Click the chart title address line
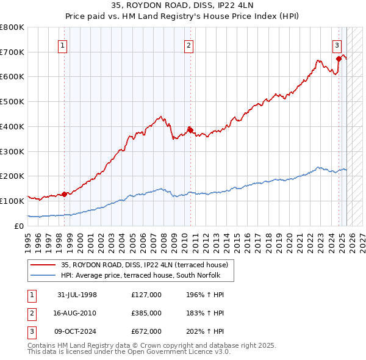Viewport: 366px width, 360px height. pos(183,7)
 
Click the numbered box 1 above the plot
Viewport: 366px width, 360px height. pos(63,45)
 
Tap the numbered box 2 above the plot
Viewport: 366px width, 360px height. pos(189,45)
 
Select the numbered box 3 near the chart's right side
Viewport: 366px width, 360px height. pos(337,45)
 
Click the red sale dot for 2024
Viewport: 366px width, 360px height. pos(338,59)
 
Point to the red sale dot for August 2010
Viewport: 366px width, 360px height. pos(190,129)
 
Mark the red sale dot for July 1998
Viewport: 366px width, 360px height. pos(63,194)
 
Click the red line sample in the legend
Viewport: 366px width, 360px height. pos(43,265)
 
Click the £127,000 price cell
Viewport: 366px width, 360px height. pos(146,295)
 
